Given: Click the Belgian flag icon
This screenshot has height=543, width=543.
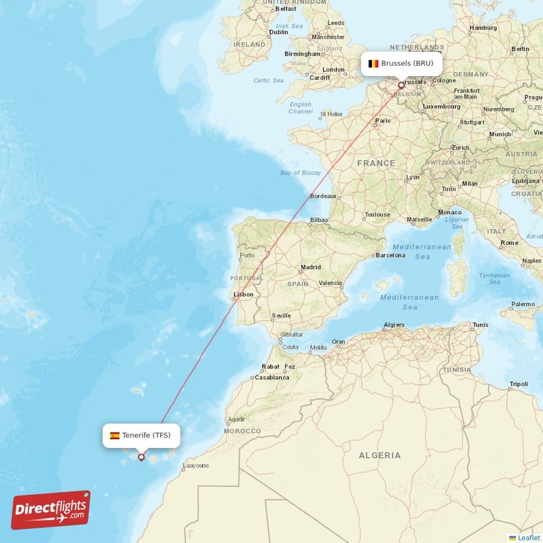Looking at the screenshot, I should coord(373,64).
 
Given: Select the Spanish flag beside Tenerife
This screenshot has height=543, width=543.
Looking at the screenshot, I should coord(115,435).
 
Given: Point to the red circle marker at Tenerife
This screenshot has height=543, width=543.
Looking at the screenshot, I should coord(141,457).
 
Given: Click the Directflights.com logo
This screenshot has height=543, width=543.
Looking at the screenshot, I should coord(51,510).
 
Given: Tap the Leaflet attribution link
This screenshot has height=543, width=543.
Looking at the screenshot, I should coord(528,537).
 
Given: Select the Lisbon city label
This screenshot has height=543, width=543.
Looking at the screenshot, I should coord(243,295).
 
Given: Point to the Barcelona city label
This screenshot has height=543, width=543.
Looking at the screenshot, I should coord(390,255).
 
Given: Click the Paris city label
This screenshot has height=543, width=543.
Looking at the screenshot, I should coord(383,121).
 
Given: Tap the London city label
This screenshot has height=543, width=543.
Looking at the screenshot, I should coord(333,69).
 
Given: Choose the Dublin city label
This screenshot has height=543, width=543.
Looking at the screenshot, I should coord(278,32).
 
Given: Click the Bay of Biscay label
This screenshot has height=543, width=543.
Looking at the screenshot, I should coord(301,173).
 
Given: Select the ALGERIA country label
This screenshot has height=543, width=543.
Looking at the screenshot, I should coord(379,455).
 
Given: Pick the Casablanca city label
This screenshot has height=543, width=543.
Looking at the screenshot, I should coord(271,377).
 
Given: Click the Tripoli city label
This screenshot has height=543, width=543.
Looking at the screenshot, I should coord(519,384).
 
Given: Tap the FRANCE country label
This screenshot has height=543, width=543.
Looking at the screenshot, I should coord(376,163).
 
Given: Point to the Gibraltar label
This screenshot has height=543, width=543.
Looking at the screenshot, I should coord(291,335).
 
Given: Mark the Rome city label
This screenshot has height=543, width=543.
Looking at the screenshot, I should coord(509,242).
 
